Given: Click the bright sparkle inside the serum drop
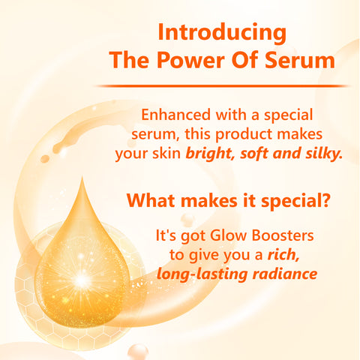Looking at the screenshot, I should point(80,282).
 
